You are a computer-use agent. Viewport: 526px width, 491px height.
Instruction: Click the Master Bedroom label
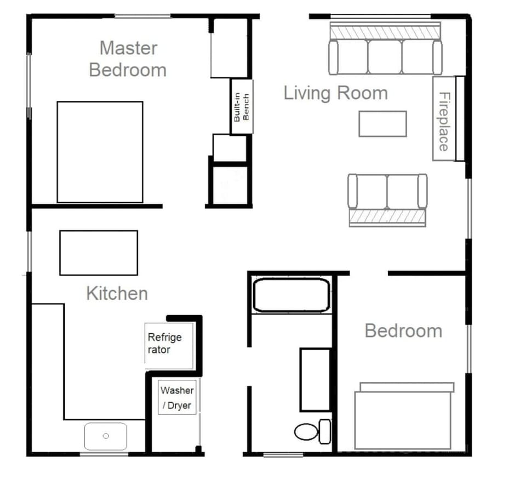(x=128, y=59)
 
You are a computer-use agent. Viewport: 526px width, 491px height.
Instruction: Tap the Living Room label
(x=335, y=93)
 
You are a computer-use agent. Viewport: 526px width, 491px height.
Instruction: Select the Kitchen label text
(x=117, y=293)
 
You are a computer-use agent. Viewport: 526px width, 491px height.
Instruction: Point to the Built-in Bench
(x=242, y=107)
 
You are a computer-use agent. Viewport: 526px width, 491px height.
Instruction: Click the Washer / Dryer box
(x=176, y=398)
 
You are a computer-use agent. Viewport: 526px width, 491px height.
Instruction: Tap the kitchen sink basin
(x=106, y=436)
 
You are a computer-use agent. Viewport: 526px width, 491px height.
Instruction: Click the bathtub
(x=291, y=295)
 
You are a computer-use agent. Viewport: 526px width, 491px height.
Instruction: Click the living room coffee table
(x=382, y=124)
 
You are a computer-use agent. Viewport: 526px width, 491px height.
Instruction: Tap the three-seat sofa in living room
(x=385, y=56)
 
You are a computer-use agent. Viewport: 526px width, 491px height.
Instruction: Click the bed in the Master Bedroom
(x=100, y=152)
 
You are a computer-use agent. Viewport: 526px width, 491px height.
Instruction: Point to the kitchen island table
(x=99, y=253)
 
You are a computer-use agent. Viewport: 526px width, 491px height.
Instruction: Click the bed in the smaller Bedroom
(x=404, y=416)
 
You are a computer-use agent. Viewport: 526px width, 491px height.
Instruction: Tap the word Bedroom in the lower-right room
(x=403, y=331)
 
